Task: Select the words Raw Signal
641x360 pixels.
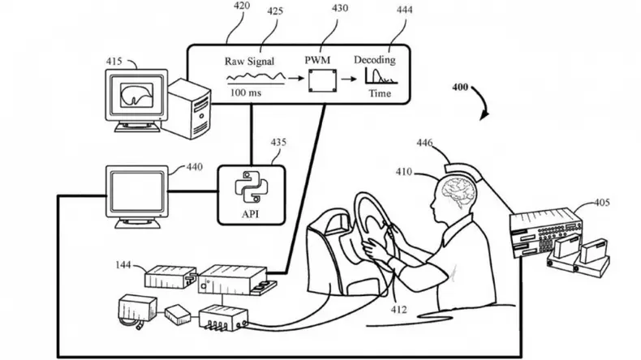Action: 249,61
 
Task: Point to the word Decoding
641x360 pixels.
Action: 375,61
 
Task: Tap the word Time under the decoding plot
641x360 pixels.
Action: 379,93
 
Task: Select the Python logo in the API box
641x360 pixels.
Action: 251,186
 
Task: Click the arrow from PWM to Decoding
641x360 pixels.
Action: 346,79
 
